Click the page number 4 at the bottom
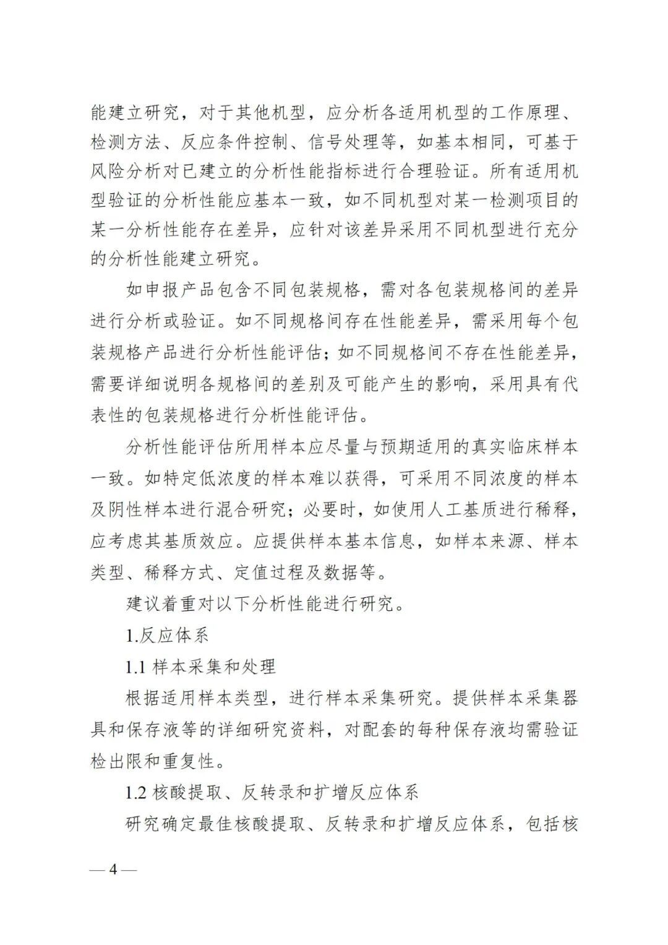click(113, 869)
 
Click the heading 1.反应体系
click(167, 635)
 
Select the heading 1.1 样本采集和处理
click(200, 667)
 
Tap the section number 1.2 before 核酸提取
click(136, 792)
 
